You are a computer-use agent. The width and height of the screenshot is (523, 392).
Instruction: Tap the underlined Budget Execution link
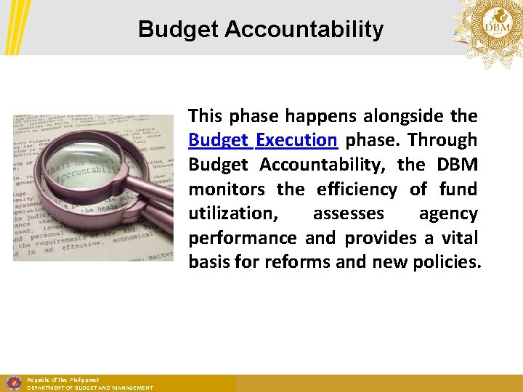pyautogui.click(x=262, y=140)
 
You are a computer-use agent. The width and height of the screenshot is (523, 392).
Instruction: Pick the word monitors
pyautogui.click(x=227, y=189)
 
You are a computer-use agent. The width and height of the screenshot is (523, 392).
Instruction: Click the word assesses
pyautogui.click(x=348, y=213)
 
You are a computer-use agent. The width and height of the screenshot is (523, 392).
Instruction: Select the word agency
pyautogui.click(x=448, y=213)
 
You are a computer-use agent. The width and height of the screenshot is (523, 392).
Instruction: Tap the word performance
pyautogui.click(x=243, y=238)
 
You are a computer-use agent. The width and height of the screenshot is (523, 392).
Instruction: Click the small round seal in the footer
pyautogui.click(x=13, y=383)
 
